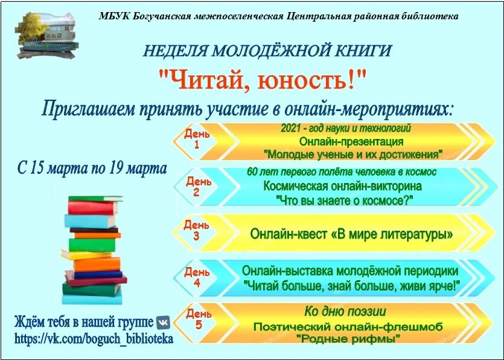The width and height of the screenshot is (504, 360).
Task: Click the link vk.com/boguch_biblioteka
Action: pos(94,338)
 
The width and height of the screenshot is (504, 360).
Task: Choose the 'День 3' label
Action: pos(197,230)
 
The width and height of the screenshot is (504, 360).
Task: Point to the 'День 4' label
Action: pos(197,277)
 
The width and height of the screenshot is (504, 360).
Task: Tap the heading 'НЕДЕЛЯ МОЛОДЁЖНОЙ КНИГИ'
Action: pos(267,51)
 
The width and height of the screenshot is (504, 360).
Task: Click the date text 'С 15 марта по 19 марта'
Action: pos(92,169)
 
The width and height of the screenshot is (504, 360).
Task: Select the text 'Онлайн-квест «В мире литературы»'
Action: pos(351,234)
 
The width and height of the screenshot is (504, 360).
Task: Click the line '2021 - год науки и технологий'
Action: pos(346,129)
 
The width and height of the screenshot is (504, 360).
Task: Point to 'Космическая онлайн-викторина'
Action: pos(342,186)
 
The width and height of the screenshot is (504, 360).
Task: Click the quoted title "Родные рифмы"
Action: pos(349,339)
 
